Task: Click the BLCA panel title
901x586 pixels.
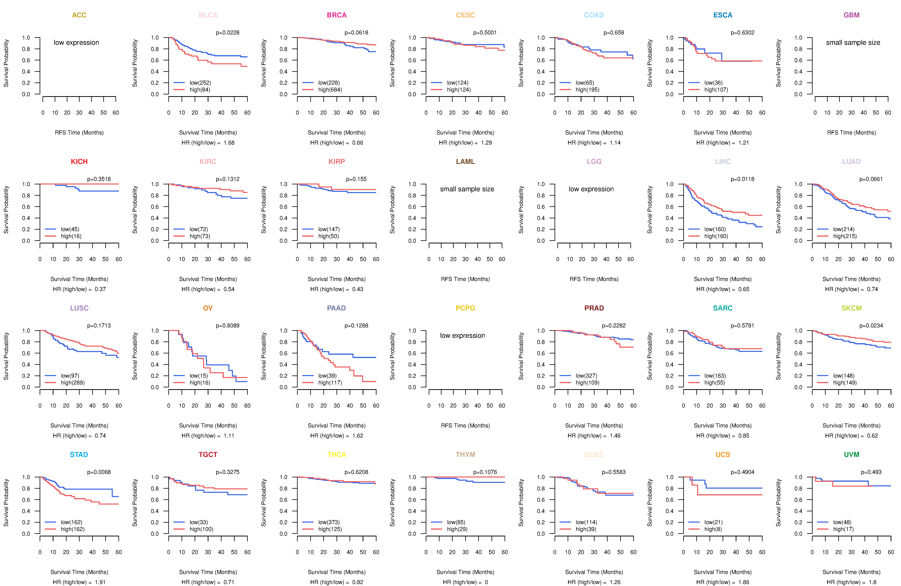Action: [x=208, y=15]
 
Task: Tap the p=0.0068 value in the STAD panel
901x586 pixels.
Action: [x=99, y=472]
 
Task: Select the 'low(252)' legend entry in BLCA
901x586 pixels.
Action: [x=200, y=83]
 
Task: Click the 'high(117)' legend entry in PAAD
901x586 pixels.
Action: [x=330, y=383]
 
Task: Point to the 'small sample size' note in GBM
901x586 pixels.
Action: [x=853, y=42]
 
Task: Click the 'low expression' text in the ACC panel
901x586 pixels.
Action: [x=76, y=42]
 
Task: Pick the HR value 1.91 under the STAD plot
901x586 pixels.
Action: [x=100, y=582]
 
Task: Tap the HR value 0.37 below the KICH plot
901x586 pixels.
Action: [x=100, y=289]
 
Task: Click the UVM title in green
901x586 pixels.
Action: [x=851, y=455]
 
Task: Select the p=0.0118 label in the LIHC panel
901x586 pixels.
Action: [x=742, y=179]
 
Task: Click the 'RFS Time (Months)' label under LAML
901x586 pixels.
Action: [x=465, y=279]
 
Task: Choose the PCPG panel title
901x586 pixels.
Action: [x=465, y=308]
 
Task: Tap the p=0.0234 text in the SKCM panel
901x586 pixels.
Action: [x=871, y=326]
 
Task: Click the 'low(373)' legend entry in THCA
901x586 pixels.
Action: [x=329, y=522]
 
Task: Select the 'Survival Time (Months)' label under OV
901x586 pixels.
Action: [x=208, y=426]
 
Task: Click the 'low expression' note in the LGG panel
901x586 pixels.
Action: [x=591, y=189]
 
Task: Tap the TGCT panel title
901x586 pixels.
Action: [x=208, y=455]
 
